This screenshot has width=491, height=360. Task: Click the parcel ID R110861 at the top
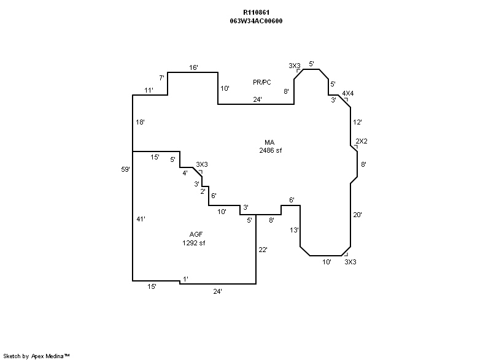[x=256, y=12]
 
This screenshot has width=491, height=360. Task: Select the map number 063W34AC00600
[x=256, y=21]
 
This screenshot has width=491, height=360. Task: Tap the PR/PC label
[x=262, y=82]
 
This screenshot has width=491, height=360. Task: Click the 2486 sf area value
[x=270, y=150]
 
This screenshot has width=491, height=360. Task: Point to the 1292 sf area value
[x=193, y=243]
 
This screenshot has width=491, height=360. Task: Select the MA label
[x=269, y=142]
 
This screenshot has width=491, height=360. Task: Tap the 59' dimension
[x=126, y=169]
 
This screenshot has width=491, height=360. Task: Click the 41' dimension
[x=141, y=219]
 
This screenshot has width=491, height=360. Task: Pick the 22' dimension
[x=263, y=250]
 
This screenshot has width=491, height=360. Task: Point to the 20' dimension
[x=358, y=215]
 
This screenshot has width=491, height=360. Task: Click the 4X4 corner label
[x=348, y=93]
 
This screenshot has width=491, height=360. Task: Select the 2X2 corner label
[x=362, y=141]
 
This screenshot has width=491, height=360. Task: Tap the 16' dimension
[x=193, y=67]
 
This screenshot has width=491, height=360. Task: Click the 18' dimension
[x=140, y=122]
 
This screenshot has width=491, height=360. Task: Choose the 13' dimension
[x=295, y=230]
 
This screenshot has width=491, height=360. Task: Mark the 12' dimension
[x=358, y=122]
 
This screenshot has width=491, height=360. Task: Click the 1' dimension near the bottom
[x=185, y=279]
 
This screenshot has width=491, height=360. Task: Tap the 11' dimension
[x=149, y=90]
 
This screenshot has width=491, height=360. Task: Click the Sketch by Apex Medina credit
[x=37, y=355]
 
